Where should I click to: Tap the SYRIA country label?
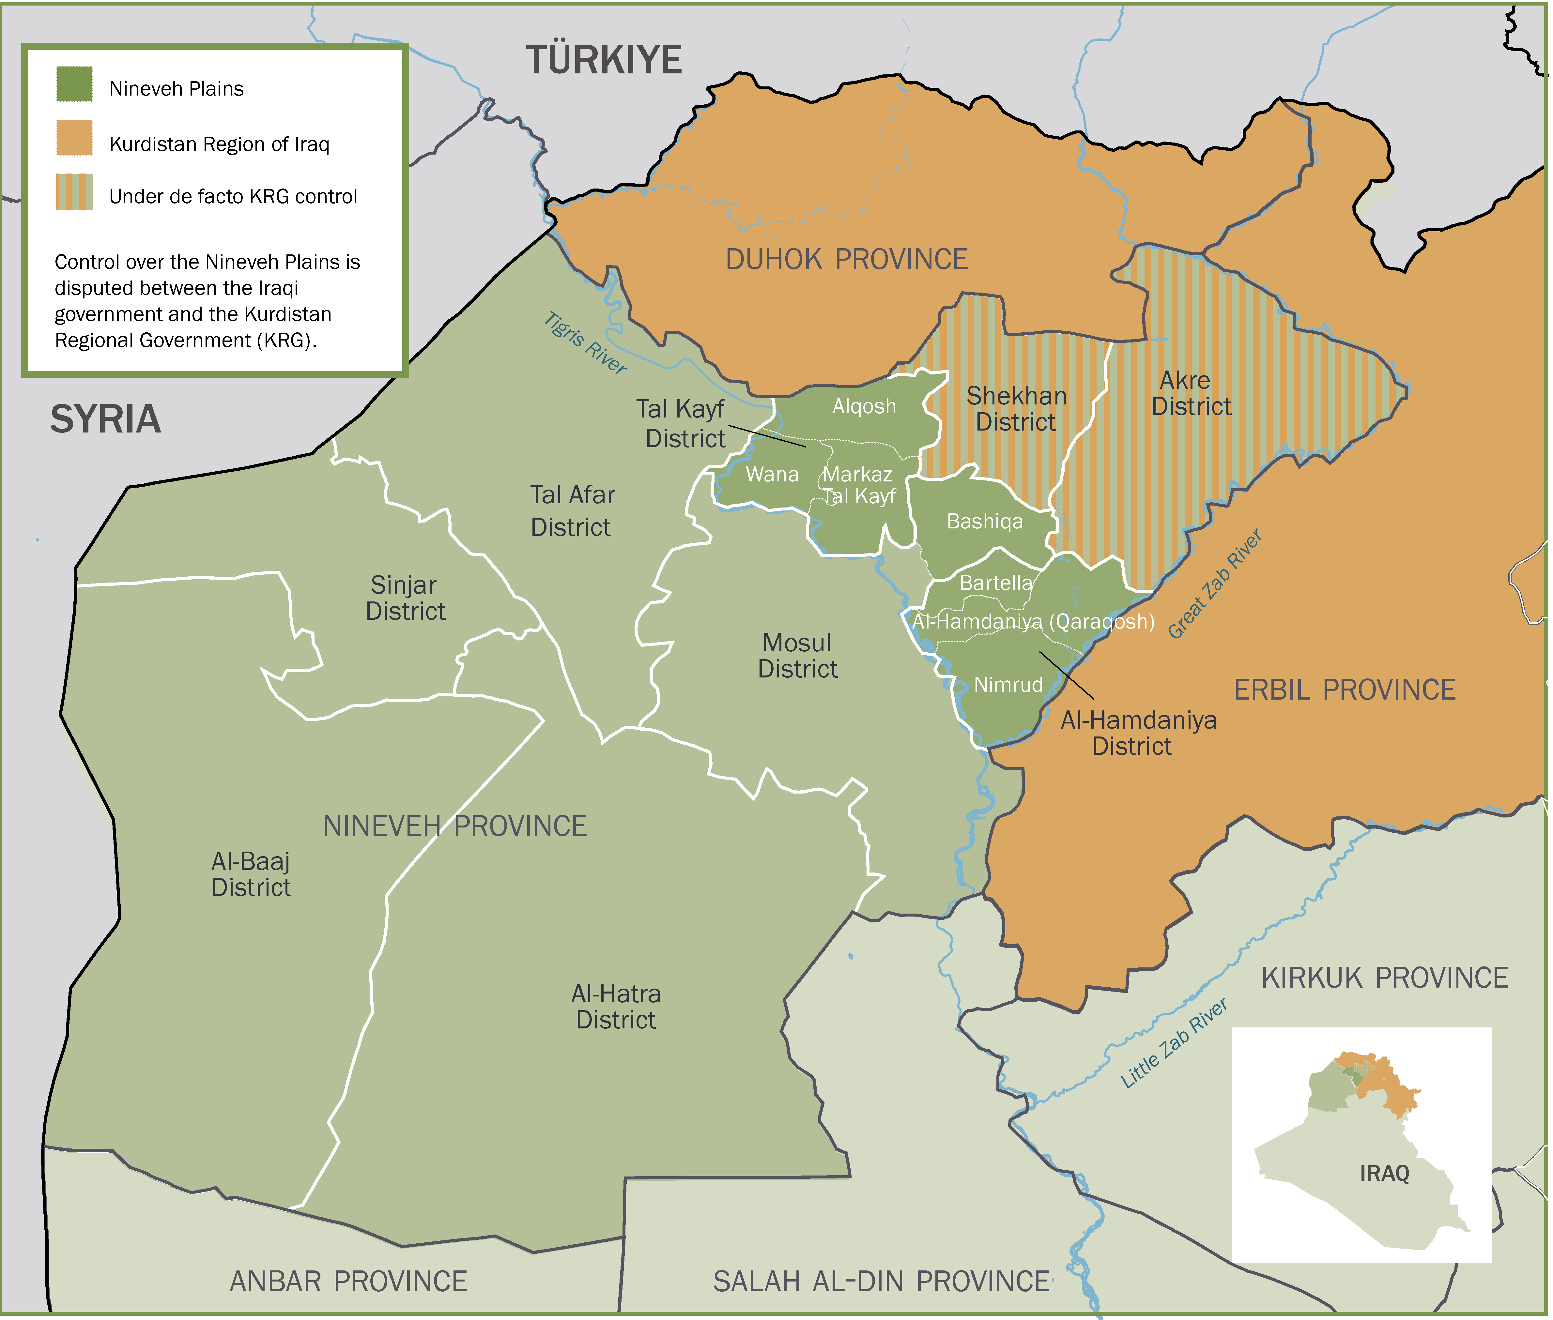[x=105, y=419]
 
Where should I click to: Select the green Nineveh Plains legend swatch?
[x=74, y=84]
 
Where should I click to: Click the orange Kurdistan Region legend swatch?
[x=74, y=138]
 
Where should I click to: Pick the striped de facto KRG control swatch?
[x=74, y=192]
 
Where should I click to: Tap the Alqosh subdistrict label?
[x=864, y=406]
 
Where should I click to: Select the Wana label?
[x=772, y=475]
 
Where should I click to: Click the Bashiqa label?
[x=984, y=522]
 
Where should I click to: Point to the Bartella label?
[x=995, y=583]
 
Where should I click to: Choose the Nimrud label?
[x=1008, y=685]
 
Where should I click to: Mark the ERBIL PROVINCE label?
[x=1344, y=690]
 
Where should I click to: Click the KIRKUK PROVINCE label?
[x=1384, y=978]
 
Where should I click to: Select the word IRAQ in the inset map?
[x=1384, y=1173]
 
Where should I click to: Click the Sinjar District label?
[x=405, y=598]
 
